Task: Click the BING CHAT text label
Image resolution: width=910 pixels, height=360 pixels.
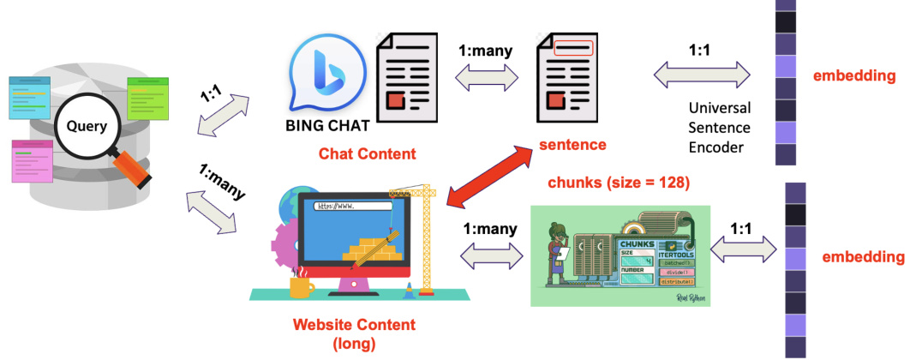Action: click(327, 126)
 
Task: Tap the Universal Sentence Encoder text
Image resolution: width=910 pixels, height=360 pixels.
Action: click(720, 128)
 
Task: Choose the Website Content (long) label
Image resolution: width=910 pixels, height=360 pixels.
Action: click(354, 333)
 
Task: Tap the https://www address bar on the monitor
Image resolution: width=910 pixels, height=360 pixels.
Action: click(352, 207)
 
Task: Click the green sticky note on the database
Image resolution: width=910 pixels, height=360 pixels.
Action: click(148, 95)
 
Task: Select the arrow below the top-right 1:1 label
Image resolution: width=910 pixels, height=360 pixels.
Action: click(703, 75)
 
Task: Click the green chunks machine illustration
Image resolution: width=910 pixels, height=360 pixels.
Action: click(625, 255)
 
